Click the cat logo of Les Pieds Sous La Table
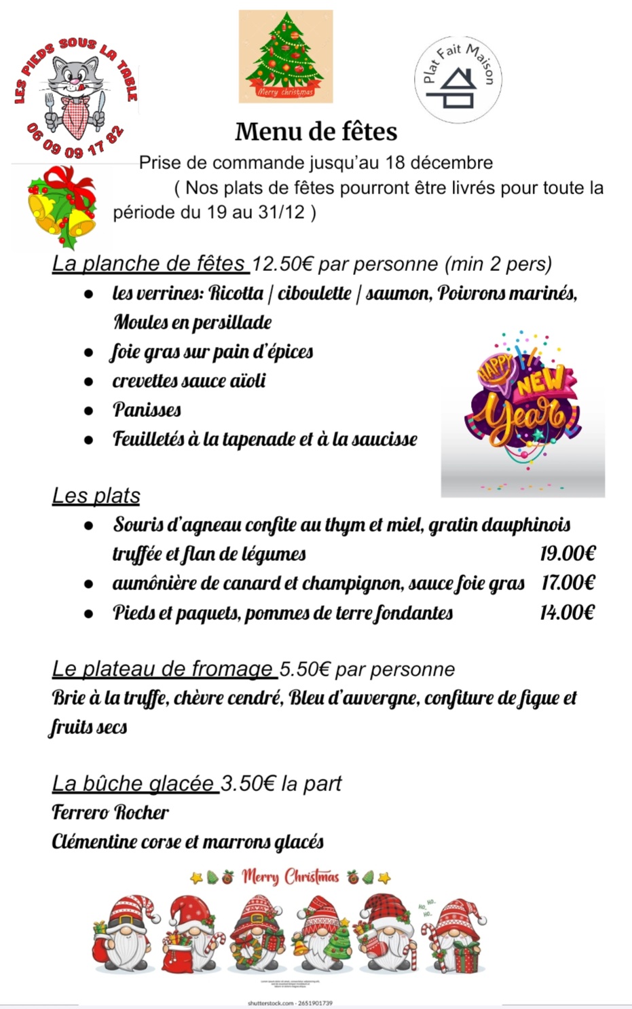point(75,95)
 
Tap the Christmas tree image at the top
point(286,57)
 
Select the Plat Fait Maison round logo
point(458,80)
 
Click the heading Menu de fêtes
point(316,132)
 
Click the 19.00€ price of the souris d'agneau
point(568,553)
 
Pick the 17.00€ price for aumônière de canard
point(568,583)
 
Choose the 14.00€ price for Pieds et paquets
point(567,612)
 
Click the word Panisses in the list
point(147,410)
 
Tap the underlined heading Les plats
point(96,496)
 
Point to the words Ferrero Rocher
point(110,812)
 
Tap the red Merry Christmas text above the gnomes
point(290,877)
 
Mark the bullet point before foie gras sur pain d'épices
point(88,352)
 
